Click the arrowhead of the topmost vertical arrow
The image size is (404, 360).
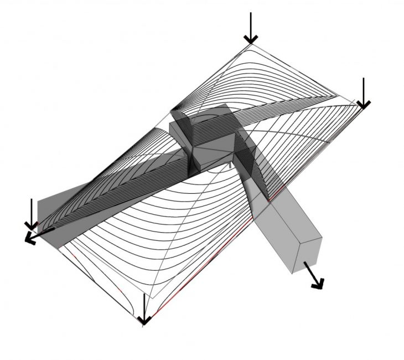[x=251, y=39]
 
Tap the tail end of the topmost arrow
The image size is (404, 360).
[x=251, y=14]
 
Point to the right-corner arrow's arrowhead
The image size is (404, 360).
[x=363, y=104]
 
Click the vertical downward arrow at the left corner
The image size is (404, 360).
[x=32, y=213]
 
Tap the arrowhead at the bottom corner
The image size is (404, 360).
[x=144, y=320]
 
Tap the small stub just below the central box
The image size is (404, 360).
[x=230, y=164]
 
